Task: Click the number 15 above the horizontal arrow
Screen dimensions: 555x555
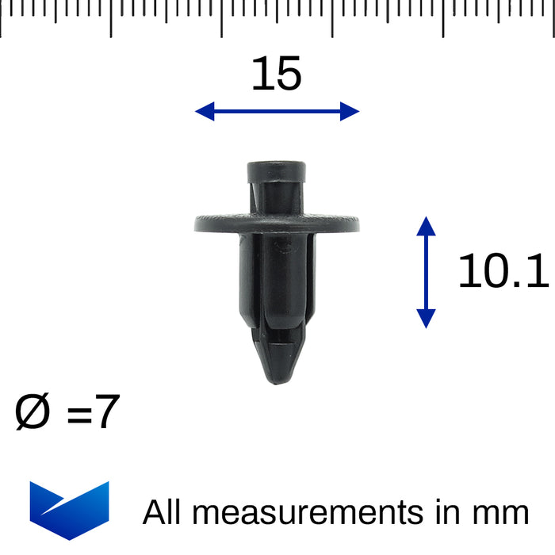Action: click(x=277, y=75)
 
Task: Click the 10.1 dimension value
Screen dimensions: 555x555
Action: click(x=503, y=272)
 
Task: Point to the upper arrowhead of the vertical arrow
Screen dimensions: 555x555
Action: click(x=426, y=226)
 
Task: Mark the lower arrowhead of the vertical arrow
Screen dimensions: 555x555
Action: click(x=426, y=318)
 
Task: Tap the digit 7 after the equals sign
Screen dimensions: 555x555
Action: click(x=106, y=413)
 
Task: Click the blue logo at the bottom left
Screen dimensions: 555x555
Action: click(x=69, y=510)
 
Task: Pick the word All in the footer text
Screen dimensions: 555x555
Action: click(x=163, y=512)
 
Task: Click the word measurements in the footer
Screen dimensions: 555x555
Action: click(x=307, y=513)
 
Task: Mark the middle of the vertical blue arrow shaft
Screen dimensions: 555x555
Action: click(x=426, y=272)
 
